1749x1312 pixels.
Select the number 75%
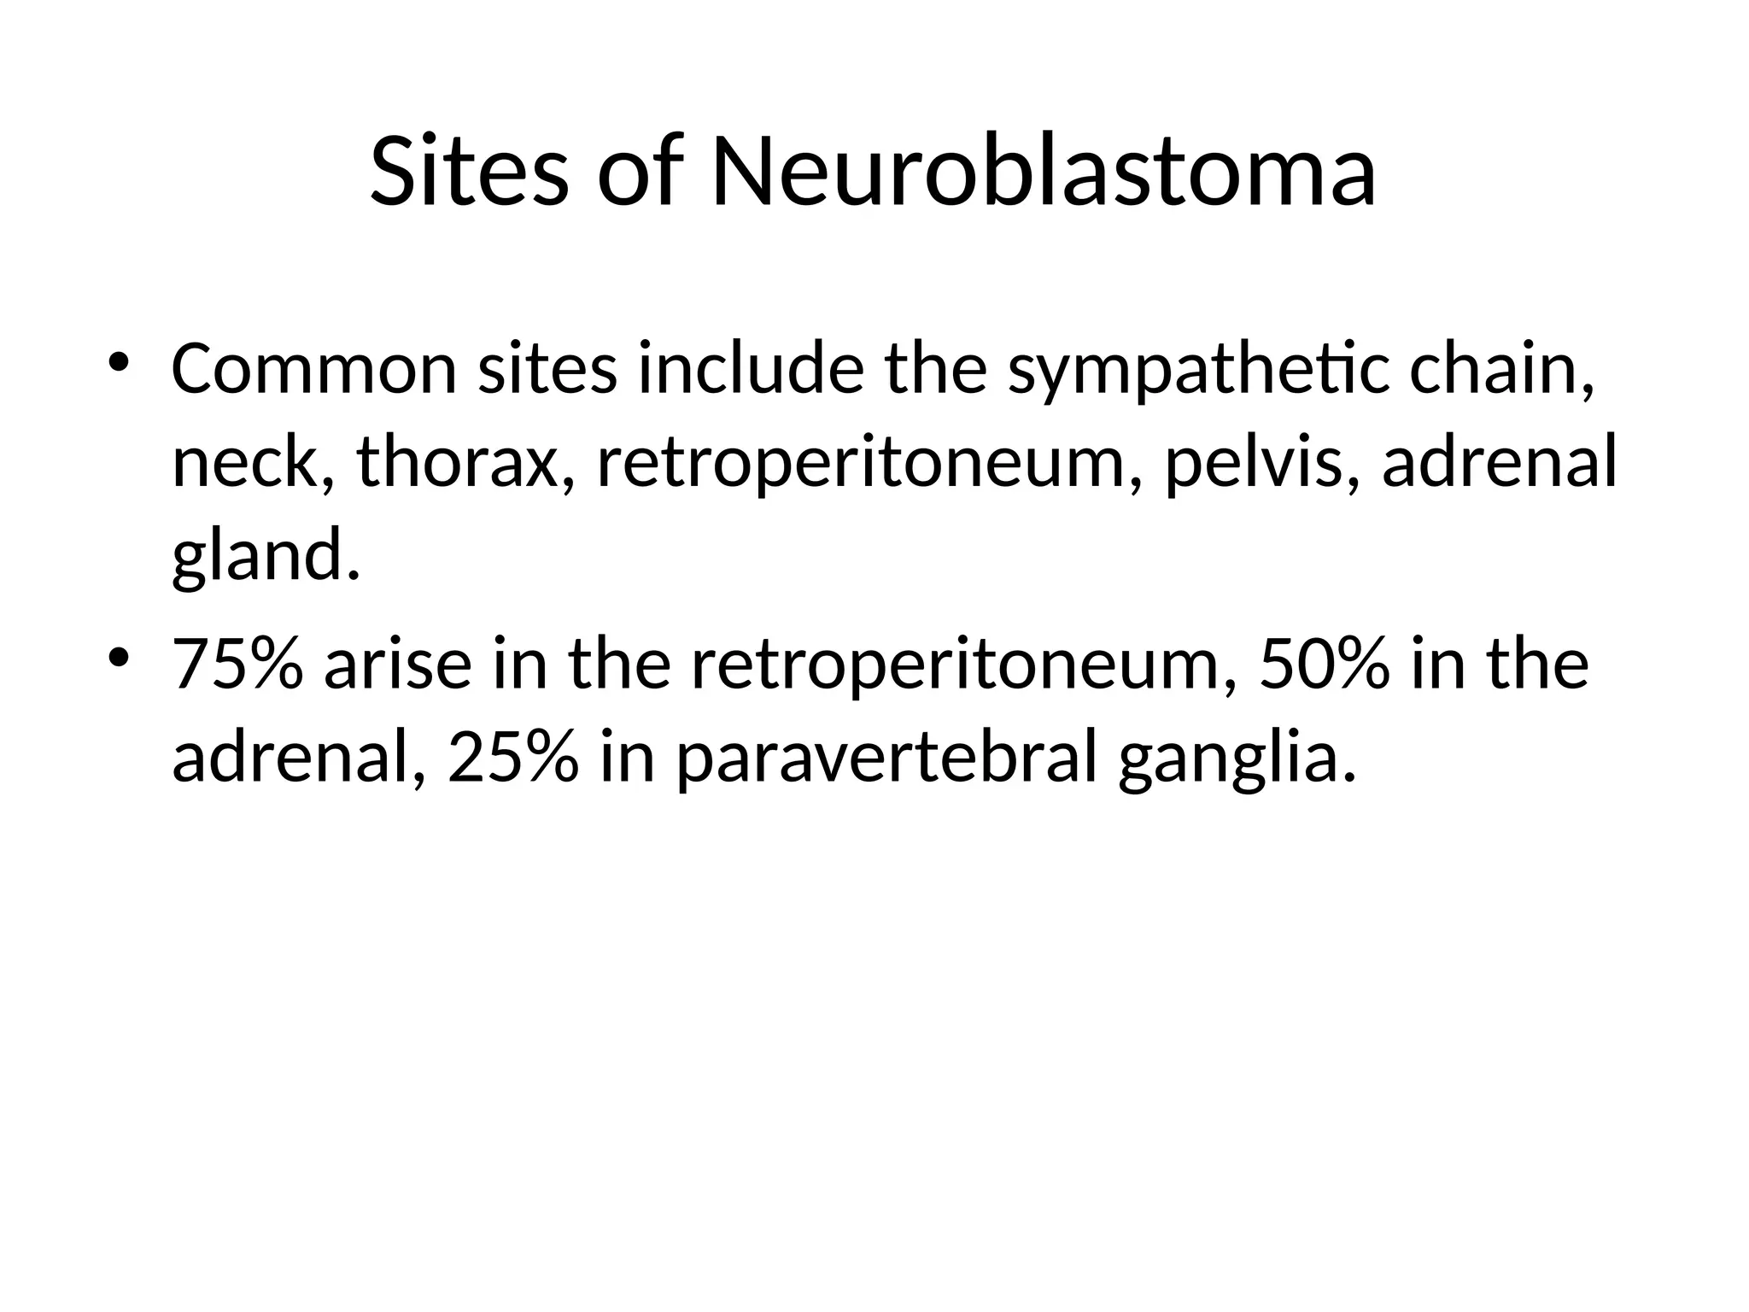[x=237, y=665]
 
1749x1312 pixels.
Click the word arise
[x=397, y=665]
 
